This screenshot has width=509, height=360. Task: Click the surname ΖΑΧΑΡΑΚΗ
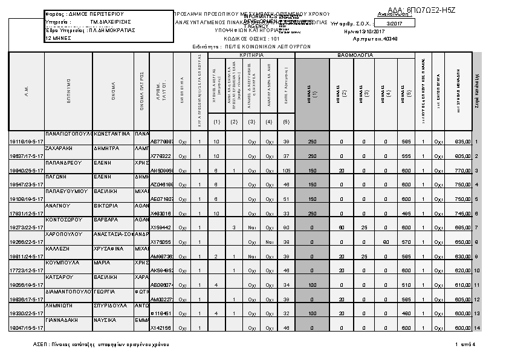(x=59, y=148)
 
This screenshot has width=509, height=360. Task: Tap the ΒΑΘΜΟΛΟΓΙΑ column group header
(x=355, y=55)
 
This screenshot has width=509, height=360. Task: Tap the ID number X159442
(x=159, y=227)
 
